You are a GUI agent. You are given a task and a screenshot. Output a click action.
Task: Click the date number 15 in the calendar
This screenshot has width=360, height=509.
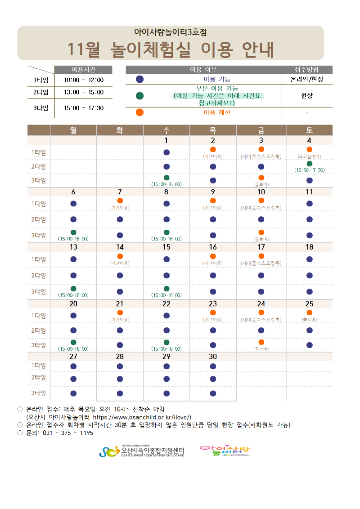(x=166, y=247)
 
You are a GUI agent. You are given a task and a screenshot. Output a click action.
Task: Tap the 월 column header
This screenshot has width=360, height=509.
(x=73, y=130)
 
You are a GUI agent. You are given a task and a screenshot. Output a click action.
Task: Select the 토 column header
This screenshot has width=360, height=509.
(x=309, y=130)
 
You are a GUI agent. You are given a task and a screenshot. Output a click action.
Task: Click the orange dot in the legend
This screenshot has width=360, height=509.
(x=139, y=112)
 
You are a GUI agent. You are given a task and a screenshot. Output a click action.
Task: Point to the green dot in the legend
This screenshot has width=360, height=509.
(x=139, y=95)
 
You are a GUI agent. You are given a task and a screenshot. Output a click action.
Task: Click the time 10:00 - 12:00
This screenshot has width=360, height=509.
(x=84, y=80)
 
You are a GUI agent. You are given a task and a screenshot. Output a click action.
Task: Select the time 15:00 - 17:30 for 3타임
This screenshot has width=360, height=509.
(x=84, y=108)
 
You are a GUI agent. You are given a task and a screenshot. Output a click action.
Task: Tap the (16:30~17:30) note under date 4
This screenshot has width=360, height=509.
(x=309, y=170)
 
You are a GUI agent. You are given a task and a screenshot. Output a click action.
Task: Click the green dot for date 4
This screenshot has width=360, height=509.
(x=309, y=164)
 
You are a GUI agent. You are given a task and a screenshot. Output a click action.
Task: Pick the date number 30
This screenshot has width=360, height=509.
(x=213, y=357)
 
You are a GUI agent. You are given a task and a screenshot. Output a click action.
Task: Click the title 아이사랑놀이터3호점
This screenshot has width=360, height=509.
(x=171, y=32)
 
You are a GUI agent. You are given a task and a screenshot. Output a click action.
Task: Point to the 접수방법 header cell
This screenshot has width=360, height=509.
(x=306, y=69)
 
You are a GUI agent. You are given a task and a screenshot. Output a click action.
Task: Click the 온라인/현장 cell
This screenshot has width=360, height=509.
(x=306, y=79)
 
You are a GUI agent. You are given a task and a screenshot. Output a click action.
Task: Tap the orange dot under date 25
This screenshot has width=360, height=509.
(x=309, y=313)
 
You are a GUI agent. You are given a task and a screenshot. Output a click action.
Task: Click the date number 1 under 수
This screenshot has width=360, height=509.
(x=166, y=140)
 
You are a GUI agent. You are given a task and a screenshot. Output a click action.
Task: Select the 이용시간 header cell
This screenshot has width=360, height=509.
(x=84, y=69)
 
